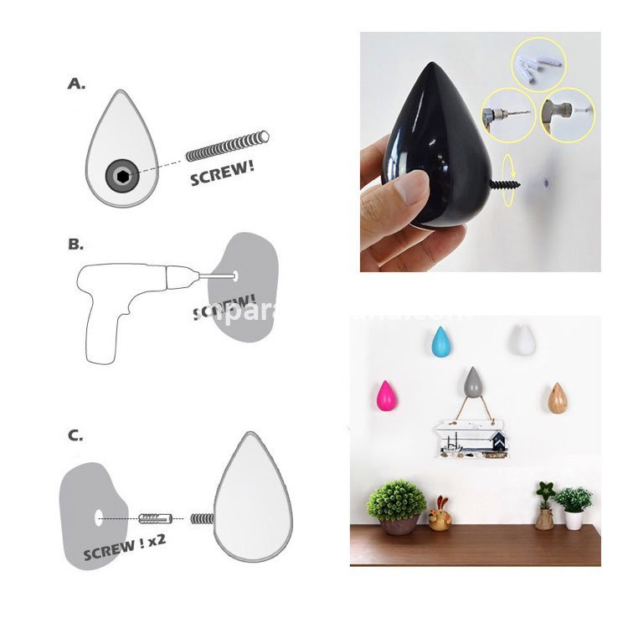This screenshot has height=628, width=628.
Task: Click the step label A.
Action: (x=76, y=84)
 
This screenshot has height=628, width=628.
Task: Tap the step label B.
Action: (x=76, y=245)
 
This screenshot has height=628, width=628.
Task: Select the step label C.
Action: (x=76, y=435)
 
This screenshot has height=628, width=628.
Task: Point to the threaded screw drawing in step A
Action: (x=227, y=147)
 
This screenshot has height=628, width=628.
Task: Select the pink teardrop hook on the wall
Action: (x=386, y=396)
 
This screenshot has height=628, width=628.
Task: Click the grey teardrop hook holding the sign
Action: (x=473, y=383)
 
